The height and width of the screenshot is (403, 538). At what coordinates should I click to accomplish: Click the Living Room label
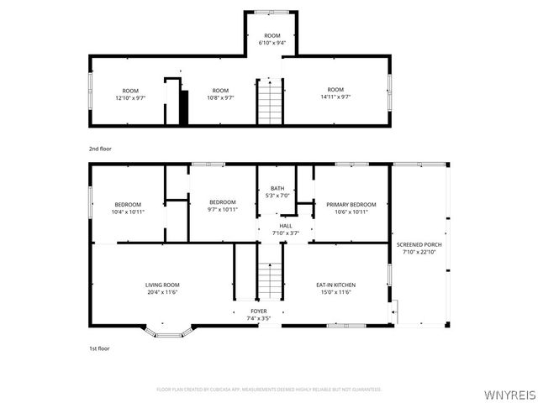click(x=162, y=285)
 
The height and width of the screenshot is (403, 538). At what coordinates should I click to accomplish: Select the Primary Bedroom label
click(x=351, y=204)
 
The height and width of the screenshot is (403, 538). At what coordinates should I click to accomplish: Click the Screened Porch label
click(x=419, y=244)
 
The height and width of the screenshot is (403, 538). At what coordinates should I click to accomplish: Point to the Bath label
click(x=277, y=188)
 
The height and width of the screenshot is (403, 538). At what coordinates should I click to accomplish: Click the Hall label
click(x=286, y=226)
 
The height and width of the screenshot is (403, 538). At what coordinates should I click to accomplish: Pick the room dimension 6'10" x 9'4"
click(x=271, y=42)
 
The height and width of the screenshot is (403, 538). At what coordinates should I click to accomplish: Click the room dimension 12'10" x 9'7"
click(x=129, y=97)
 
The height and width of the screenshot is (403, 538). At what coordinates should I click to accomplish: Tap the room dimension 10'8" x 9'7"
click(x=220, y=97)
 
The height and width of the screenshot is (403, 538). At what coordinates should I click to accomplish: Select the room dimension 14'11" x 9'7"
click(x=335, y=97)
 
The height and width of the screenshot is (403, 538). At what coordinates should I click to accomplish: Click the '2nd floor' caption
click(x=100, y=148)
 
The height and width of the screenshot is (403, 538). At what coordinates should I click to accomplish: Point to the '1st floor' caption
click(x=99, y=348)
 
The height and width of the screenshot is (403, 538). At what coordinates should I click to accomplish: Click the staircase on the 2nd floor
click(x=270, y=102)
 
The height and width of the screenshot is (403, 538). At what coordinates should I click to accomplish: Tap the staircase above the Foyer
click(x=269, y=280)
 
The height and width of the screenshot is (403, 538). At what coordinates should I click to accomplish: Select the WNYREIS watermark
click(x=509, y=393)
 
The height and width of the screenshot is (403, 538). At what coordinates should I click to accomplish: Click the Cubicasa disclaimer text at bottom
click(x=269, y=390)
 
